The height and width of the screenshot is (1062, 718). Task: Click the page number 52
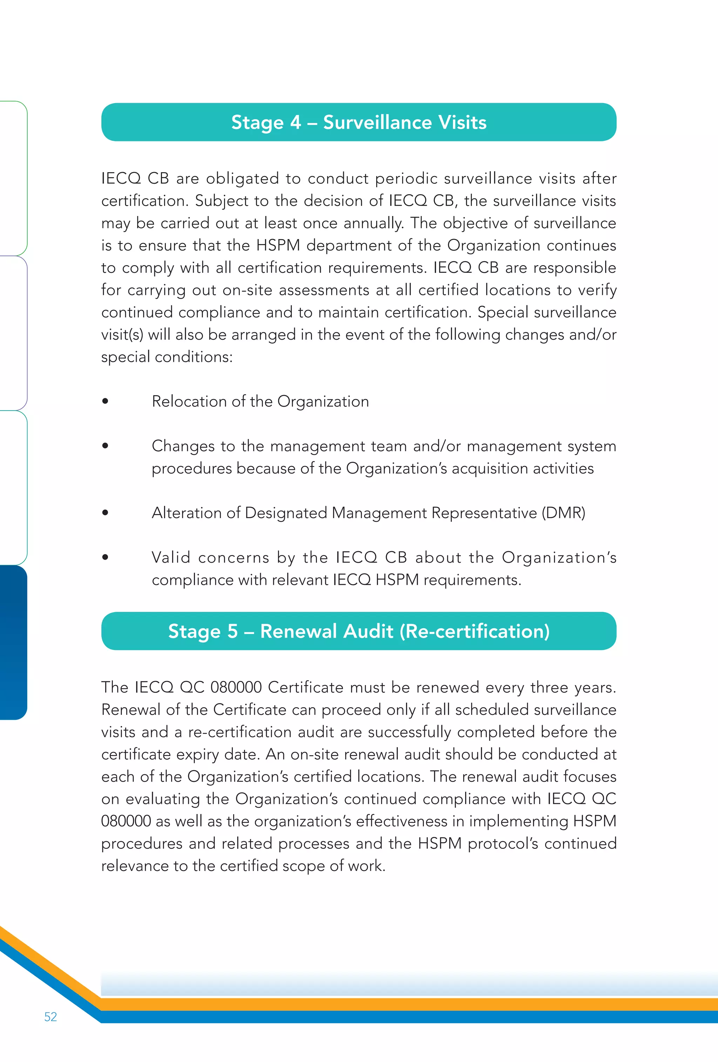[50, 1016]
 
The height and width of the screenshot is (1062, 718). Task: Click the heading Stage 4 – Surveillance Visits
[359, 122]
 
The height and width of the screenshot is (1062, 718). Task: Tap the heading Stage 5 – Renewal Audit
[359, 631]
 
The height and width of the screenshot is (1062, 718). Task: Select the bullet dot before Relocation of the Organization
[105, 401]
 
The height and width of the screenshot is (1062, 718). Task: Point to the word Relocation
[189, 401]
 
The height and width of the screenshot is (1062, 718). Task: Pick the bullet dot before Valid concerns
[105, 557]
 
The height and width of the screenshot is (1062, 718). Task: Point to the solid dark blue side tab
[13, 642]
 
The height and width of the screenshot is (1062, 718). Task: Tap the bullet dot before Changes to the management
[105, 446]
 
